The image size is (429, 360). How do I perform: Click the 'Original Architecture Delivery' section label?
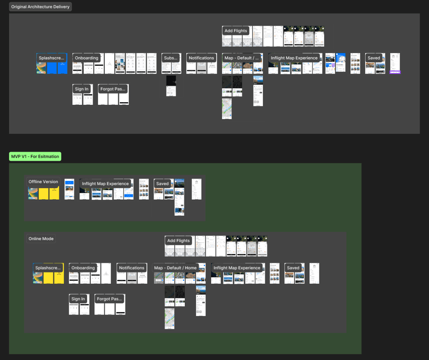[40, 7]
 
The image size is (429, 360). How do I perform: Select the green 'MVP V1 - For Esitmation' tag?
[35, 157]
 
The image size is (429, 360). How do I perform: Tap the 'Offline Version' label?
[43, 182]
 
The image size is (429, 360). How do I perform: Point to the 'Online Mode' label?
[41, 239]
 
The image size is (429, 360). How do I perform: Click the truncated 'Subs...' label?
[171, 58]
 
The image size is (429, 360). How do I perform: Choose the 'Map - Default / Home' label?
[175, 268]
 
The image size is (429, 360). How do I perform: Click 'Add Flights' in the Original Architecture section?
[236, 31]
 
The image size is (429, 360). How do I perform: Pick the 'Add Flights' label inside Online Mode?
[178, 241]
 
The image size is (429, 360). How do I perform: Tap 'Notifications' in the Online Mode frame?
[132, 268]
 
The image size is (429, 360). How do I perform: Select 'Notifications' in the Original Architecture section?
[201, 58]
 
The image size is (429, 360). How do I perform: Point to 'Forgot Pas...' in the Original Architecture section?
[113, 89]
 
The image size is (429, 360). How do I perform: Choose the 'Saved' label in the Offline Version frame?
[162, 184]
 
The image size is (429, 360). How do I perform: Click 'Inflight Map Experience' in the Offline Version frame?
[105, 184]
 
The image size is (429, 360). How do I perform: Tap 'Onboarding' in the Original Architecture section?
[86, 58]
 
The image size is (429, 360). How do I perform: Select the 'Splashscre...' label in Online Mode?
[48, 268]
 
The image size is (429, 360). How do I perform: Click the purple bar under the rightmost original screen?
[395, 73]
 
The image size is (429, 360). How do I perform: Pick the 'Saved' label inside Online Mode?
[293, 268]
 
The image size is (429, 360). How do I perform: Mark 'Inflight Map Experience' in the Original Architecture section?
[294, 58]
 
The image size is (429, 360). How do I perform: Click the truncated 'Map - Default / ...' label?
[242, 58]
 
